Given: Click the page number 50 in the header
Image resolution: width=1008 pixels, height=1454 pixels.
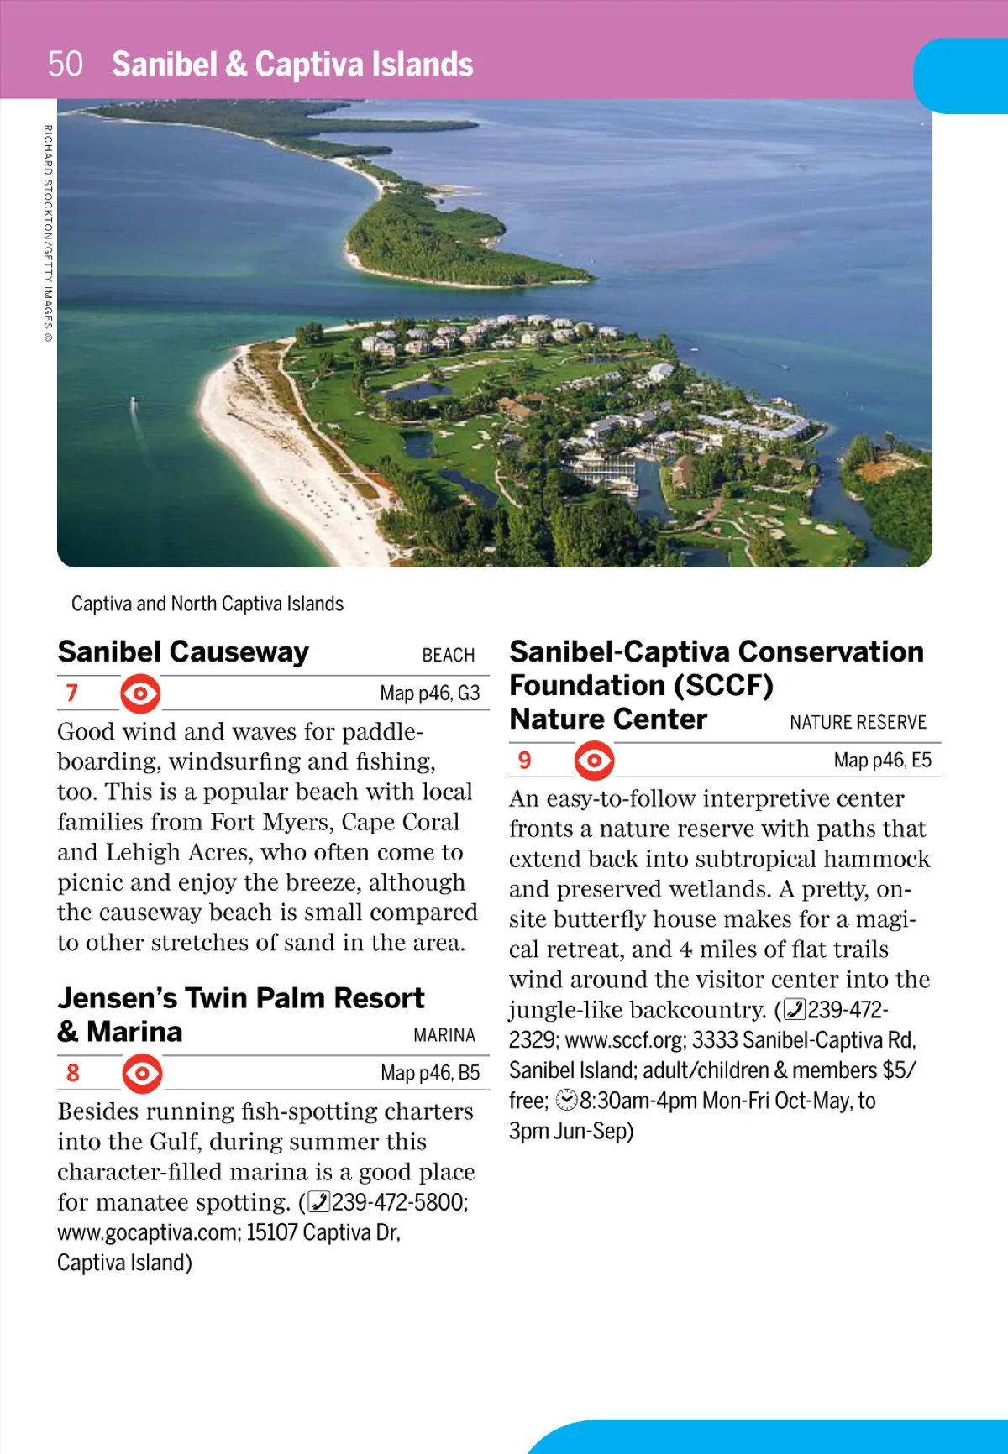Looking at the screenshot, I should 65,65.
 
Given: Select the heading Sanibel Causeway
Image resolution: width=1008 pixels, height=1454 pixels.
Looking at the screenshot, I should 183,652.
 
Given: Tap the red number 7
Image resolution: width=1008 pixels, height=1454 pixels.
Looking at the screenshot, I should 72,693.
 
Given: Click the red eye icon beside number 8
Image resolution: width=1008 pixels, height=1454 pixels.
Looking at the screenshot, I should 142,1073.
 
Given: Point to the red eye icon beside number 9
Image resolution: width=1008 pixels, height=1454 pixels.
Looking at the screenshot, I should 594,761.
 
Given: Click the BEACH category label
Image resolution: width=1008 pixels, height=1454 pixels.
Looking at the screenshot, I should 448,655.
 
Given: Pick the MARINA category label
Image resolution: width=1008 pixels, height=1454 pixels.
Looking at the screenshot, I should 444,1035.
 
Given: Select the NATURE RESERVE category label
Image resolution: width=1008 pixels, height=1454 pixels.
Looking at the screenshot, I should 858,722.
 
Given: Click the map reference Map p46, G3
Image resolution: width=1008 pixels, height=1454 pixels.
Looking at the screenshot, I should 429,693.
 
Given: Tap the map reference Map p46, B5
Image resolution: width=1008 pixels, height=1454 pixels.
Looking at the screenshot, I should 429,1073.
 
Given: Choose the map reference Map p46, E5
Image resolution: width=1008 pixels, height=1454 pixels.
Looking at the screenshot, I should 882,761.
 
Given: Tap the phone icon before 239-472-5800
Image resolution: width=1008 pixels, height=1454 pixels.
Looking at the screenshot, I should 318,1202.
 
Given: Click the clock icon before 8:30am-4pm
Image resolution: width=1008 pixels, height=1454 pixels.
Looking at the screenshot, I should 567,1100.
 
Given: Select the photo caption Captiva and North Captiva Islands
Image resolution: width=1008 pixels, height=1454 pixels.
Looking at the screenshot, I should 207,604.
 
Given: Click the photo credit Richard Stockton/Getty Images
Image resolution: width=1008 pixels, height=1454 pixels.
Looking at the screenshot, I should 48,233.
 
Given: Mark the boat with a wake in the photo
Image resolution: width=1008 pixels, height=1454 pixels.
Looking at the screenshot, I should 133,405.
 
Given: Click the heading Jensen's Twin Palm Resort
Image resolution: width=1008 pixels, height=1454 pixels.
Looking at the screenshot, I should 240,998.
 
